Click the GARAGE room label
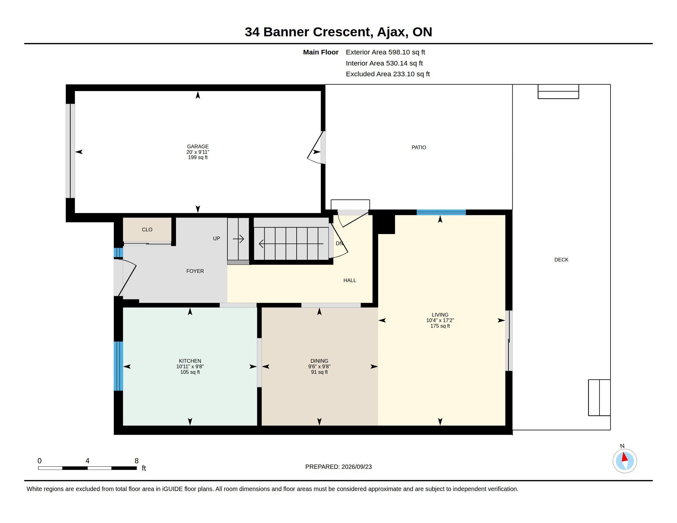(x=198, y=146)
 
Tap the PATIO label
(x=419, y=147)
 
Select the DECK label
(x=561, y=260)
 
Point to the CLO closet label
(x=147, y=230)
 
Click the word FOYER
(x=195, y=271)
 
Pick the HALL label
(x=350, y=280)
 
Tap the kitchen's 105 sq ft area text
(x=190, y=372)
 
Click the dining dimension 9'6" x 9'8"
(x=319, y=366)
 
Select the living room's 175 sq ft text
(x=440, y=326)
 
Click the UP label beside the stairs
(x=216, y=238)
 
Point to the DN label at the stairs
(x=339, y=244)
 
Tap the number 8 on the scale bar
(x=136, y=461)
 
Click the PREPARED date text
(x=338, y=467)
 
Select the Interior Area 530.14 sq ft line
(x=384, y=63)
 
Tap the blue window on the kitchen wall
(x=118, y=366)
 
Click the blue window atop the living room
(x=441, y=212)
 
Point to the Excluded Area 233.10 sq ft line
(x=388, y=74)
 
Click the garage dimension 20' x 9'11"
(x=198, y=152)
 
